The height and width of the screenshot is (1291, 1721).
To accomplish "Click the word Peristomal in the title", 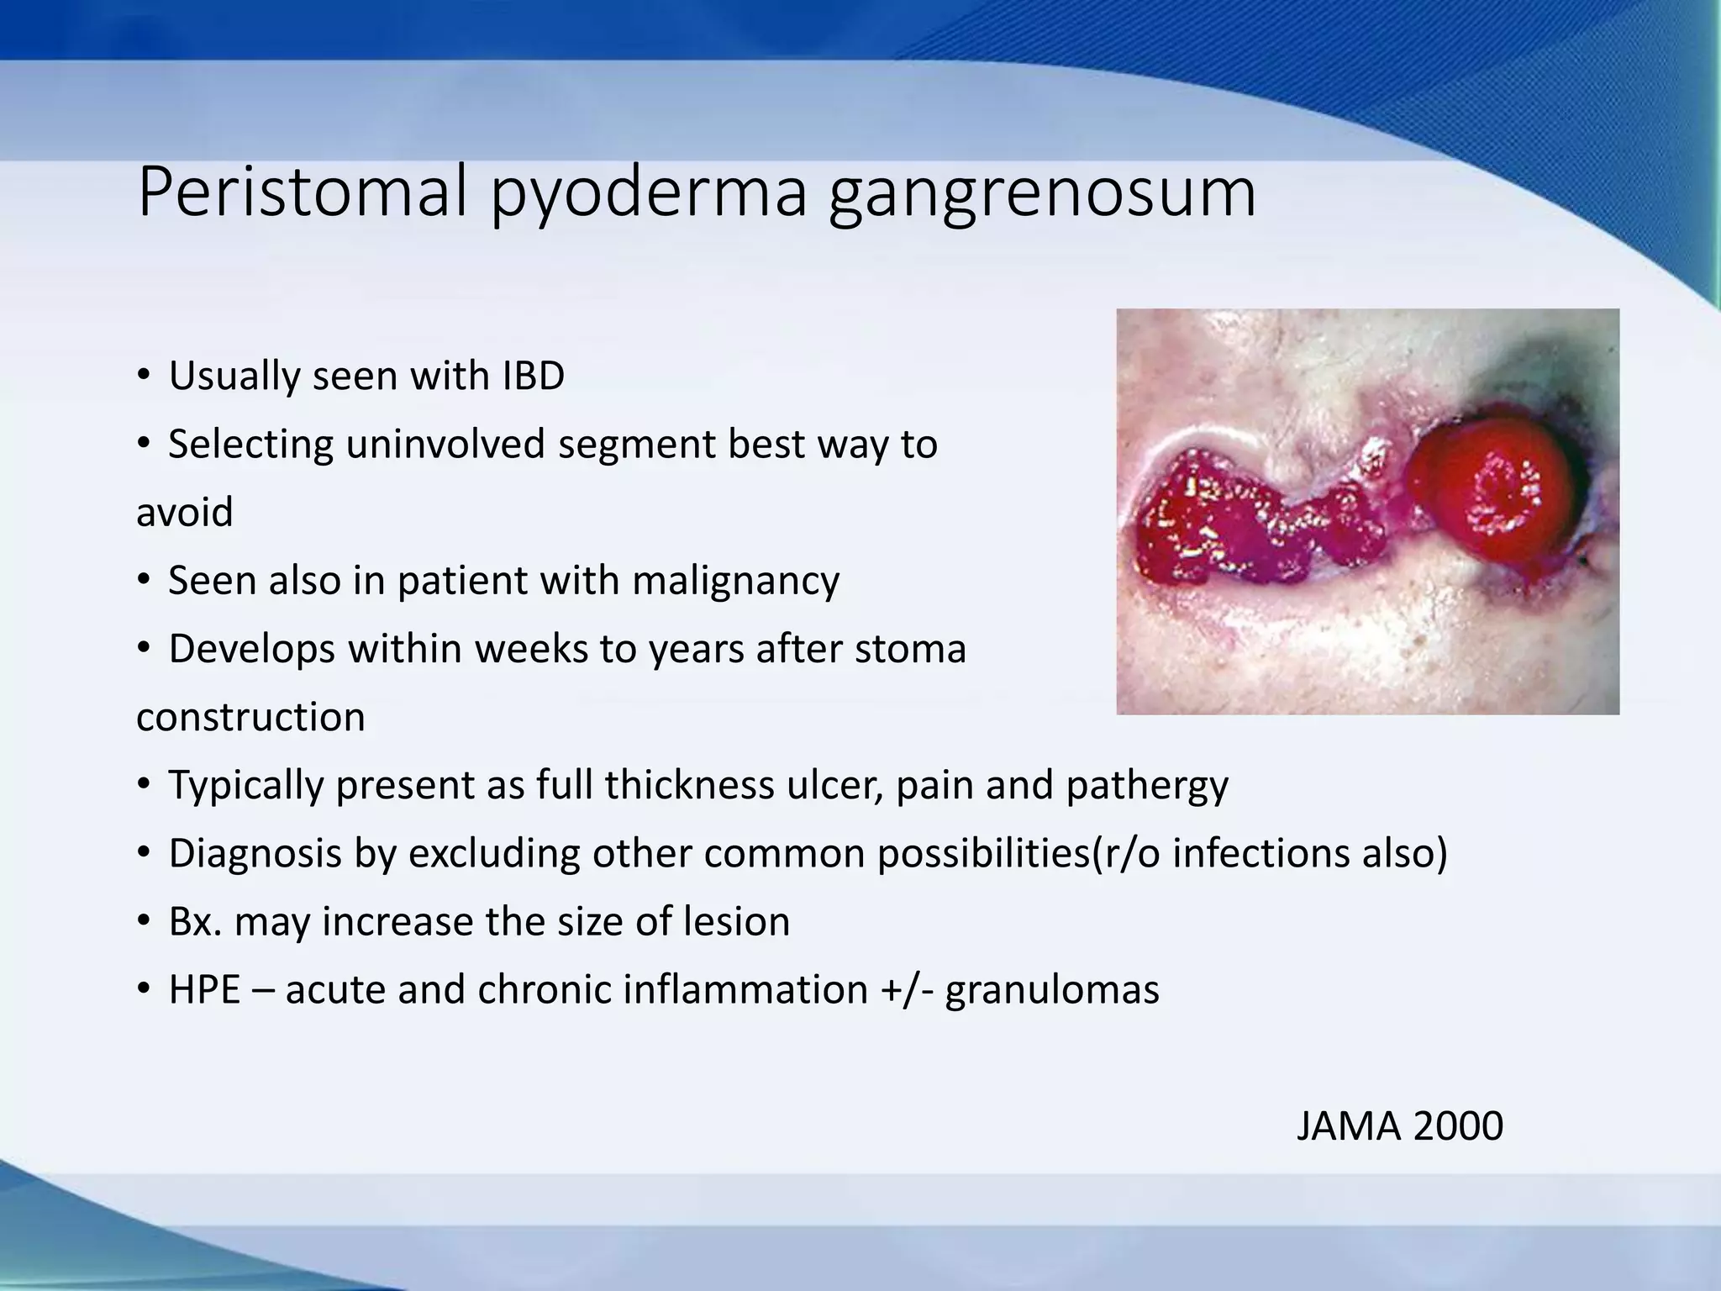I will (x=302, y=192).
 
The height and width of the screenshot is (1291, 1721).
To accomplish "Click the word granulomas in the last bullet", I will (x=1052, y=990).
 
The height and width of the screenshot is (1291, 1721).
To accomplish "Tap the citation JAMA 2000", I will (x=1399, y=1126).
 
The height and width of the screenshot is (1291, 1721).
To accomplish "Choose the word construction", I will (x=250, y=718).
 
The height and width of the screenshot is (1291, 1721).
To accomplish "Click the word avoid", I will (x=184, y=513).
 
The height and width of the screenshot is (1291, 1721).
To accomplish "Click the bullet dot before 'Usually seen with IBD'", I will (x=144, y=376).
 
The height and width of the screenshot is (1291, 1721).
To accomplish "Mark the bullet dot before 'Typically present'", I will (x=144, y=786).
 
